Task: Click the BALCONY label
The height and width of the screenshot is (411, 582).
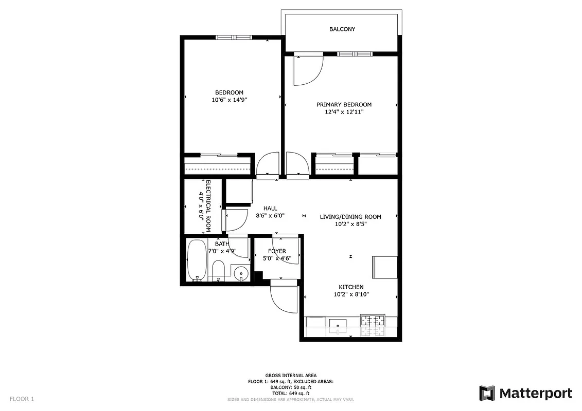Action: pyautogui.click(x=342, y=29)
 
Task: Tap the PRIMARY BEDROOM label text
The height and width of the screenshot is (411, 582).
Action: pyautogui.click(x=344, y=105)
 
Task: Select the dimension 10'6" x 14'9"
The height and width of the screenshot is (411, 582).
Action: pyautogui.click(x=230, y=100)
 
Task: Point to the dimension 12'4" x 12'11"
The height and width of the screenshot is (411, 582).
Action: pyautogui.click(x=344, y=112)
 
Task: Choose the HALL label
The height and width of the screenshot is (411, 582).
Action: pyautogui.click(x=270, y=208)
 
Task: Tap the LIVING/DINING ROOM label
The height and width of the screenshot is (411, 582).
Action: pyautogui.click(x=350, y=217)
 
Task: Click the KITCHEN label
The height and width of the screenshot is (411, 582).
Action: pyautogui.click(x=351, y=287)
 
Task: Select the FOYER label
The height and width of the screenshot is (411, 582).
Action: pyautogui.click(x=277, y=251)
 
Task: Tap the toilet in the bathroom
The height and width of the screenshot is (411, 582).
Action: pyautogui.click(x=218, y=270)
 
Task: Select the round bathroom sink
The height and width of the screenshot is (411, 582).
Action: pyautogui.click(x=240, y=272)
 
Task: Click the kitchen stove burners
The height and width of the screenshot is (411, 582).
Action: pyautogui.click(x=373, y=321)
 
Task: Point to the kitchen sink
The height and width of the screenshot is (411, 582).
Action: pyautogui.click(x=338, y=323)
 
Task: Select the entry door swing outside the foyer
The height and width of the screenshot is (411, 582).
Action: pyautogui.click(x=283, y=298)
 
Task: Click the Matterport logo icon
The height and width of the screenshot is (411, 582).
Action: pyautogui.click(x=487, y=394)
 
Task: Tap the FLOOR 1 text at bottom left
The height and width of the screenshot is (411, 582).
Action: pyautogui.click(x=22, y=399)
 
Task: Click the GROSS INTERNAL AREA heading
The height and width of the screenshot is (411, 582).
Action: pyautogui.click(x=291, y=376)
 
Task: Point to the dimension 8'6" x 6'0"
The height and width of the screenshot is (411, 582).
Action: pyautogui.click(x=270, y=216)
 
